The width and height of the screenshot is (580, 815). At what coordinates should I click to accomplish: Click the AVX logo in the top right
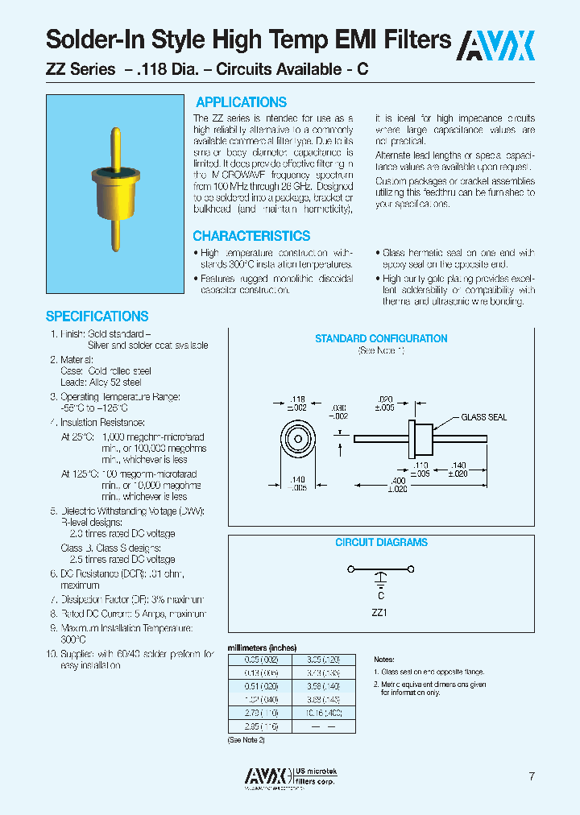[x=496, y=46]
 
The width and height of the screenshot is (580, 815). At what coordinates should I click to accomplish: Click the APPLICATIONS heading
[x=241, y=102]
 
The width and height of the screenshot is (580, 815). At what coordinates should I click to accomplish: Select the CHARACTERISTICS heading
[x=251, y=236]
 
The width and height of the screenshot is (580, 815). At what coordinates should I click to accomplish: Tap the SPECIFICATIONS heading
[x=97, y=316]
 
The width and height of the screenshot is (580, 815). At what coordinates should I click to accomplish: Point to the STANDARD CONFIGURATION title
[x=381, y=339]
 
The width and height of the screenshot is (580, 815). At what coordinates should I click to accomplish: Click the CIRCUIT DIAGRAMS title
[x=381, y=543]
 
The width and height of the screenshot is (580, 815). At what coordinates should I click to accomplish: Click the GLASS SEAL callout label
[x=484, y=417]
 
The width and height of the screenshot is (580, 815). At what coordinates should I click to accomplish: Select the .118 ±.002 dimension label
[x=298, y=404]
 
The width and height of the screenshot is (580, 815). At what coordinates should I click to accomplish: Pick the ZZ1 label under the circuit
[x=379, y=612]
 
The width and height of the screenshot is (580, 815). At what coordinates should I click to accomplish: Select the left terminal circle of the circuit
[x=349, y=570]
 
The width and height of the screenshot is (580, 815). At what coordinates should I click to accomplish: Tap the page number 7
[x=532, y=776]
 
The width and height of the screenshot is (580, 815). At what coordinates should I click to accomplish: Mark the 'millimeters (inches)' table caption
[x=263, y=648]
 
